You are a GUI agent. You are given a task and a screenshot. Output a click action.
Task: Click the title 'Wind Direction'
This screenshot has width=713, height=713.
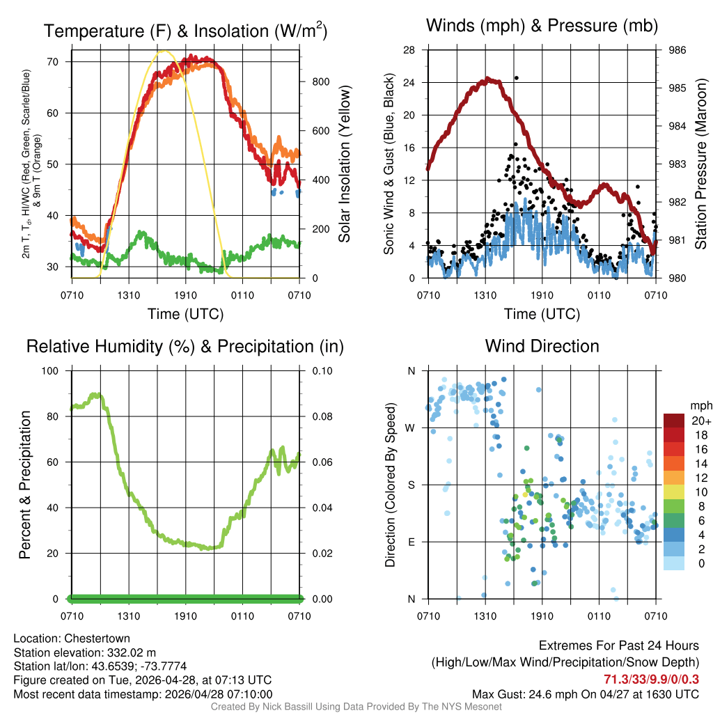click(542, 346)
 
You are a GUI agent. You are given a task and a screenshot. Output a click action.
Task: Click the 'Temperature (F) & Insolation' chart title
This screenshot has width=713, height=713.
click(185, 31)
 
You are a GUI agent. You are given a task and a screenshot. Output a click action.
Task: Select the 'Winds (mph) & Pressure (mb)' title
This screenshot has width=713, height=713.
click(542, 26)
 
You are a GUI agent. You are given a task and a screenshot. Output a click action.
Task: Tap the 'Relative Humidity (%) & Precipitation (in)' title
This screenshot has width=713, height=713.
click(185, 346)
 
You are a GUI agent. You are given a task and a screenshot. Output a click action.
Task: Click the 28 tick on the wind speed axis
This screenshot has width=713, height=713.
click(409, 50)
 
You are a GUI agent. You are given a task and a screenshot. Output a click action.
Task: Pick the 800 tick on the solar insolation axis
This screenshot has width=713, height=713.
click(321, 81)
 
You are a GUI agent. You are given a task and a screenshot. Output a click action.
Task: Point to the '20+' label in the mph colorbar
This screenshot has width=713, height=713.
click(697, 421)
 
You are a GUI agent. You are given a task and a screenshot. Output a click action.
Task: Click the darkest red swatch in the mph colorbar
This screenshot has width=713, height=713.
click(673, 421)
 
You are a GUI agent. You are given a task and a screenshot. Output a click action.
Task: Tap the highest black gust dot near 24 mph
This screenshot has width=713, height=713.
click(516, 78)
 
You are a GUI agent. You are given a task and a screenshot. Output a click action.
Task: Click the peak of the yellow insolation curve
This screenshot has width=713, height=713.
click(164, 51)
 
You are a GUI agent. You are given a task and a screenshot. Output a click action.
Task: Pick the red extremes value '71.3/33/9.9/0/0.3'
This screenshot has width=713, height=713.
click(652, 679)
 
